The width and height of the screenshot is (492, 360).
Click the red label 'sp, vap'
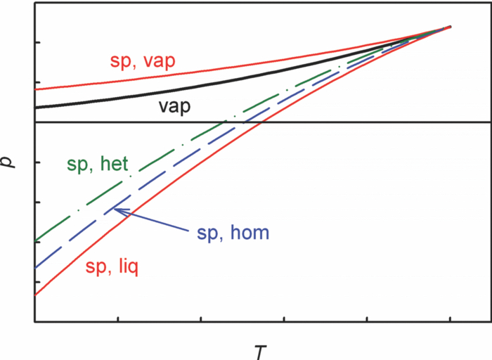[x=143, y=60]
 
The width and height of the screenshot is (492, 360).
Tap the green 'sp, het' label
[x=97, y=165]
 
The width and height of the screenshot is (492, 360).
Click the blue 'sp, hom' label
[x=233, y=233]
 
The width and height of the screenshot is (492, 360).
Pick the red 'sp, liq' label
[x=112, y=266]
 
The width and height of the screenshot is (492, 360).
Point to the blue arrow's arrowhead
[x=115, y=210]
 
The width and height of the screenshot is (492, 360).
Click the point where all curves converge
[x=450, y=27]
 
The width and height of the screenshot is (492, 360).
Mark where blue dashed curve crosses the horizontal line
[x=242, y=122]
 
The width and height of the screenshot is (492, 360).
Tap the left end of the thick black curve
[x=35, y=107]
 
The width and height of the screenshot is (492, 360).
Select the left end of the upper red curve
[x=35, y=89]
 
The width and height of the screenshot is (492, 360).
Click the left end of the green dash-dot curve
[x=35, y=242]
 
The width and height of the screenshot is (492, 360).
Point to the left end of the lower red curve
[x=35, y=296]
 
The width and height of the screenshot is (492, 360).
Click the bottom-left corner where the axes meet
[x=34, y=322]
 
